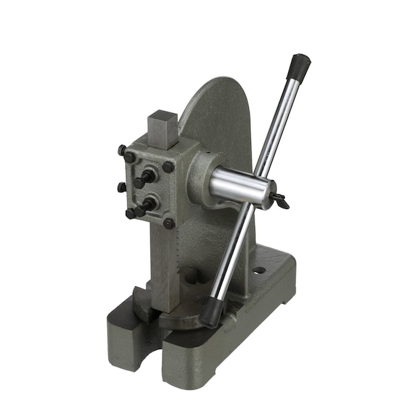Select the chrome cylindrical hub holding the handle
[240, 186]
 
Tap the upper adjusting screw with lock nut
[144, 179]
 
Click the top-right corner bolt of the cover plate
[168, 166]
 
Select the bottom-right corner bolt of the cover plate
[168, 223]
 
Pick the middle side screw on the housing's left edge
[122, 187]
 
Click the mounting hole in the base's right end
[260, 270]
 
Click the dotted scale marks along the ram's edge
[176, 261]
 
